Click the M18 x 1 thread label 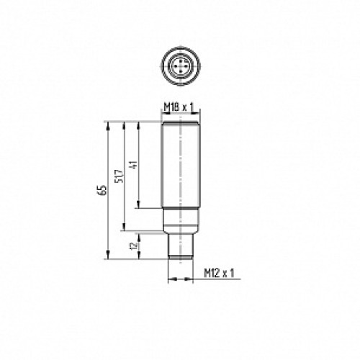pos(179,107)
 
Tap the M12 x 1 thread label pos(219,273)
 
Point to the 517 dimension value pos(120,176)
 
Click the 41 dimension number pos(134,164)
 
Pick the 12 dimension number pos(134,246)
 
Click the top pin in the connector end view pos(180,60)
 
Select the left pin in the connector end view pos(176,65)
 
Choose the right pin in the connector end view pos(184,65)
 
